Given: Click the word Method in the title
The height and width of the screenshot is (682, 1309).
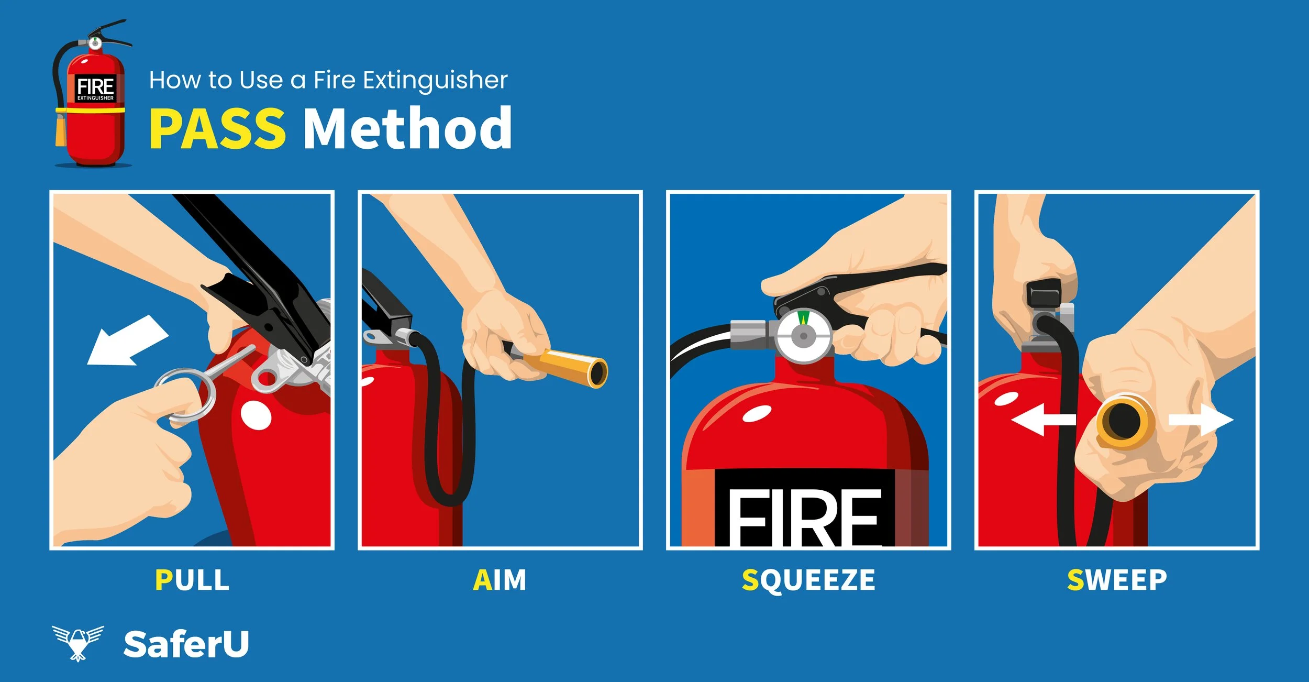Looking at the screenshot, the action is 408,127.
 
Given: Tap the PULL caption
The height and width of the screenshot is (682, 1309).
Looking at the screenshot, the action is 192,580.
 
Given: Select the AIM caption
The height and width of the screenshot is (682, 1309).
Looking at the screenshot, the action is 500,580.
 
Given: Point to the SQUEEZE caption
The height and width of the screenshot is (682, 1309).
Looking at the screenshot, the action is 808,580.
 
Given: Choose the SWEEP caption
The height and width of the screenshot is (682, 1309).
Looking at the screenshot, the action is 1117,580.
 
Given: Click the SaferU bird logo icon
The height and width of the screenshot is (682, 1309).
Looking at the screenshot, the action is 78,643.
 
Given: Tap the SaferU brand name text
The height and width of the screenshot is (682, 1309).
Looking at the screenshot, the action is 186,644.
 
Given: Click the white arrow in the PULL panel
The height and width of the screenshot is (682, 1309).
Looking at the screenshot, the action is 128,340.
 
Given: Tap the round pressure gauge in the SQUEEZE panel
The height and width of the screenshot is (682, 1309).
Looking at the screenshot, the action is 803,336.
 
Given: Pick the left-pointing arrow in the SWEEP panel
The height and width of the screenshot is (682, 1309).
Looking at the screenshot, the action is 1043,419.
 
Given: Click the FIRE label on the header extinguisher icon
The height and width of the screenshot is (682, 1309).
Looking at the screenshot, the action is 95,90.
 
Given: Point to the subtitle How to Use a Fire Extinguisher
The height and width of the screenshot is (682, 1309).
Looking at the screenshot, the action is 328,80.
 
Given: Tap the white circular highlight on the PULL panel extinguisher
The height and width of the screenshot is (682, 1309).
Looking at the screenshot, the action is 256,415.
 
